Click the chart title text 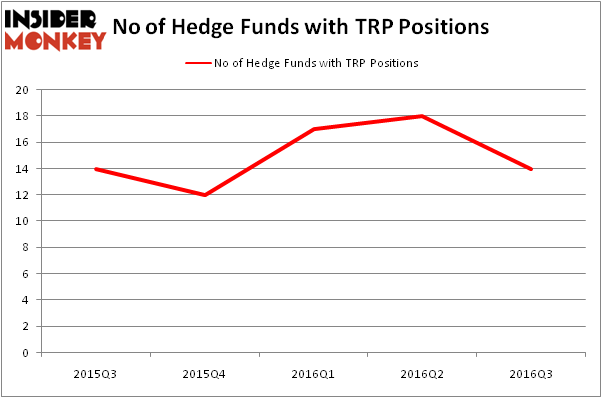(x=301, y=27)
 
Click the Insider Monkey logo (x=55, y=30)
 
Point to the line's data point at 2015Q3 (x=96, y=169)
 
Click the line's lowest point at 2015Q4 (x=205, y=195)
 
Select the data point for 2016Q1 (x=314, y=129)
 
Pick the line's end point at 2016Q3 (x=531, y=169)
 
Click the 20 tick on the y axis (x=22, y=90)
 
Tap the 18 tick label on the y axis (x=22, y=116)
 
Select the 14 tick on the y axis (x=22, y=169)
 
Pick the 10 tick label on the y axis (x=22, y=221)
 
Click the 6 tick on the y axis (x=25, y=274)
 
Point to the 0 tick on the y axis (x=25, y=353)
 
